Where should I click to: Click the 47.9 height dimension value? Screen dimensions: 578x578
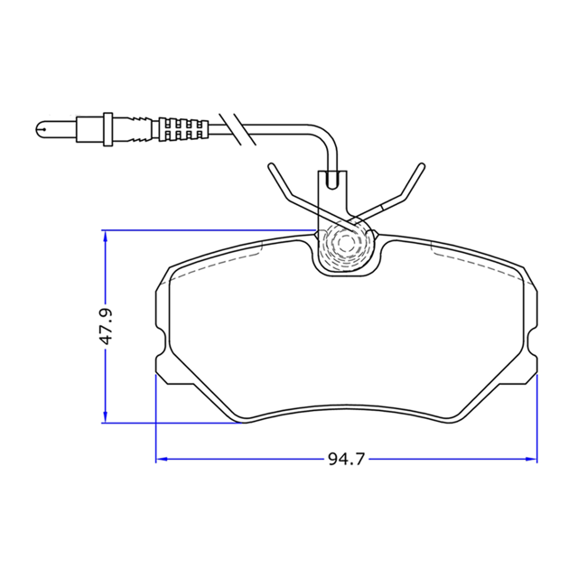[x=106, y=327]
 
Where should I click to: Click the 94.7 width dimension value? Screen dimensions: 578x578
[x=346, y=460]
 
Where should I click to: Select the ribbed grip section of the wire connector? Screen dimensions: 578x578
[x=183, y=130]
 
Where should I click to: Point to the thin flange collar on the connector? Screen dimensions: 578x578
[x=108, y=129]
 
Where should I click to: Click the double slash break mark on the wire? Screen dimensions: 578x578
[x=238, y=129]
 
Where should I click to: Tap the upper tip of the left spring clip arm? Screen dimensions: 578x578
[x=271, y=166]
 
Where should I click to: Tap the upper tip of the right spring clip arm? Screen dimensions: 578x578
[x=422, y=166]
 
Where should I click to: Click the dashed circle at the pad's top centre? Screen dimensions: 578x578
[x=345, y=243]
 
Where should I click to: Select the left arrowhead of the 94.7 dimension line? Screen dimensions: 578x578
[x=161, y=459]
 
